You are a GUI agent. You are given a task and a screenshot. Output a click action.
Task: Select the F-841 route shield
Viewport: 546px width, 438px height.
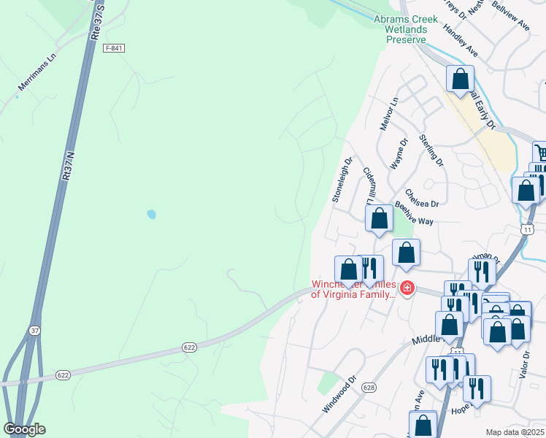(114, 47)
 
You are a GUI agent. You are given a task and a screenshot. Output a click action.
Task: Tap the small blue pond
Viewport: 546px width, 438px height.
(151, 215)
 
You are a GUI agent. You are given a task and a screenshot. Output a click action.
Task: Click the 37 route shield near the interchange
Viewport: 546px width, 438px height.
(34, 331)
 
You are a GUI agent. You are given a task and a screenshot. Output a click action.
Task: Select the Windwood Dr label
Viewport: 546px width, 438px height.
(340, 395)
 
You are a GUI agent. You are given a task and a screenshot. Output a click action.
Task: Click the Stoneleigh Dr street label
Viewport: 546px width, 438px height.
(342, 179)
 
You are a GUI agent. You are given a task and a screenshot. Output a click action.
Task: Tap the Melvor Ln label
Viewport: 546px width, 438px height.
(388, 114)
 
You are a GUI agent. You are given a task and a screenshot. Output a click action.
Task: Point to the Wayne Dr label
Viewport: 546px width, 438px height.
(399, 154)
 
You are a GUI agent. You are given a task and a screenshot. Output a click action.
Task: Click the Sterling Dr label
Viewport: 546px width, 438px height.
(431, 149)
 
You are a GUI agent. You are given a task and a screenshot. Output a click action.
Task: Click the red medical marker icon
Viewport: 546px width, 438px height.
(407, 289)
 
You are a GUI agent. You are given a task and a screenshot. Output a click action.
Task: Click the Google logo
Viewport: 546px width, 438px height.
(24, 429)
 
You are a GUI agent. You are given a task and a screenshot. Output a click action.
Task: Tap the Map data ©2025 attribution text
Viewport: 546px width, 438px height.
(515, 432)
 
